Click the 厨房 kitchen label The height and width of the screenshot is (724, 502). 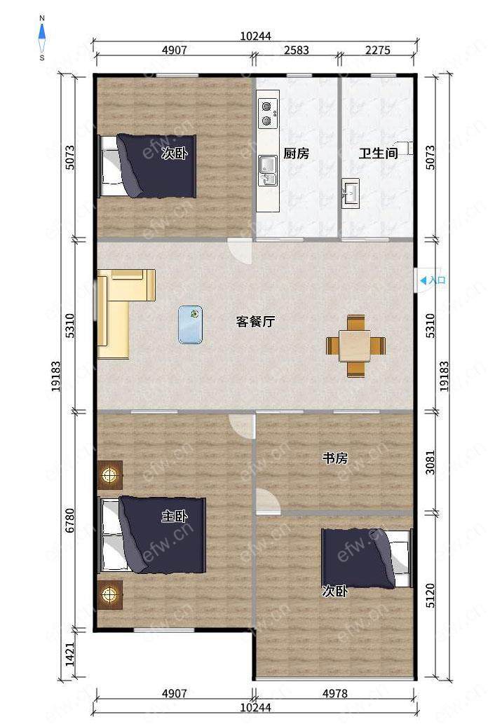[x=296, y=153]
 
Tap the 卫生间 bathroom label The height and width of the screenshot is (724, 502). [x=378, y=153]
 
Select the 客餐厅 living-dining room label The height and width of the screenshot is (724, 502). [x=255, y=321]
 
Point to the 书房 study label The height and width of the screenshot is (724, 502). [x=335, y=458]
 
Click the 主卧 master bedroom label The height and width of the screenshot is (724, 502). [x=174, y=516]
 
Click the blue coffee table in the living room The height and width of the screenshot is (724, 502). [x=190, y=325]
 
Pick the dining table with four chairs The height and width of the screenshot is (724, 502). [x=355, y=346]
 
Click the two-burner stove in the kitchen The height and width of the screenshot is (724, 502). [x=267, y=114]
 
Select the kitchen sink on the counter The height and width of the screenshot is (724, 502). [x=269, y=170]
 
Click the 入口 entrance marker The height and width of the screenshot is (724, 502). [x=433, y=280]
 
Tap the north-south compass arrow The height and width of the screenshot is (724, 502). [x=42, y=38]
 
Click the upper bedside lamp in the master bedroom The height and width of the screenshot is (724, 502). [x=110, y=474]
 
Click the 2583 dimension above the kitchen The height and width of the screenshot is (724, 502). [x=296, y=50]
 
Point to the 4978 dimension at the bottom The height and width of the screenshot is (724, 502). [x=335, y=693]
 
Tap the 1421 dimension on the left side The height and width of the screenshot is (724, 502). [x=69, y=654]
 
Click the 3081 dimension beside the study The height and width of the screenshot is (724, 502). [x=430, y=462]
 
